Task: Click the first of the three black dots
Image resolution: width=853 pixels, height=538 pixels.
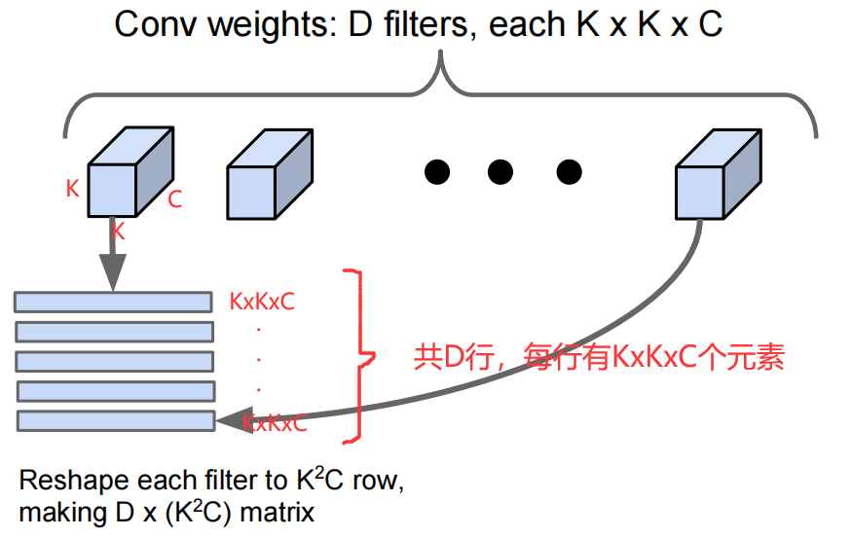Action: pyautogui.click(x=438, y=172)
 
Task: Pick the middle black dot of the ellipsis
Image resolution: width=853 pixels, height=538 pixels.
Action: pyautogui.click(x=501, y=172)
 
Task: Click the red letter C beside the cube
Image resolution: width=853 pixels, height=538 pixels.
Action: pyautogui.click(x=175, y=200)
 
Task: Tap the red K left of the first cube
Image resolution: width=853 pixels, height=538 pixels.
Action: pyautogui.click(x=72, y=189)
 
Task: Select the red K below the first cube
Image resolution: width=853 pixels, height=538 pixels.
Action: pyautogui.click(x=118, y=232)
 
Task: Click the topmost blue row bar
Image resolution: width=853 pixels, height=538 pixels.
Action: pyautogui.click(x=113, y=302)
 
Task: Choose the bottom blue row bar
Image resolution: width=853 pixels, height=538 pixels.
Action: pyautogui.click(x=116, y=421)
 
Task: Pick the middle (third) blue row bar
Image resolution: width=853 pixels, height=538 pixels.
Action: pyautogui.click(x=115, y=361)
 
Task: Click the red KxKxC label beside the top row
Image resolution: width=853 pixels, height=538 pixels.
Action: pyautogui.click(x=262, y=302)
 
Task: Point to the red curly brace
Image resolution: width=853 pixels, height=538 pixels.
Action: pyautogui.click(x=361, y=354)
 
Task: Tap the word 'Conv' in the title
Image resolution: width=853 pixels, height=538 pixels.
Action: pyautogui.click(x=156, y=24)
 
